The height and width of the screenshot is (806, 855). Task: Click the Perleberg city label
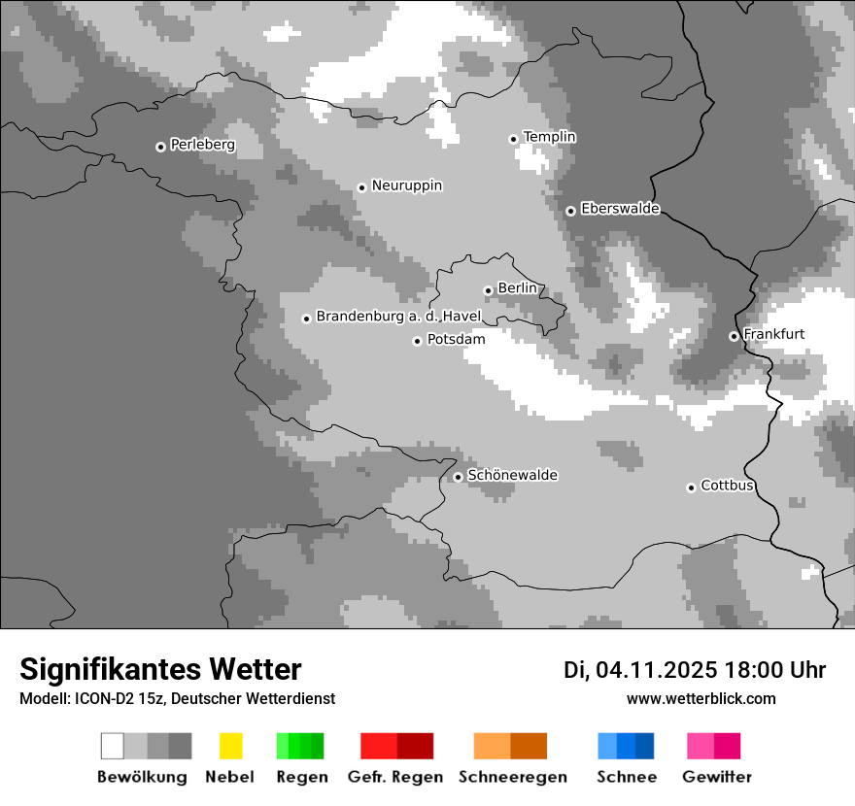click(x=202, y=145)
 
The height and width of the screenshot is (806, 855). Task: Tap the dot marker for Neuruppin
click(x=361, y=187)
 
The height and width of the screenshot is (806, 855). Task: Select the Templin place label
click(x=549, y=137)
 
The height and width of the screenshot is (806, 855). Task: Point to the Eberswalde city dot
click(x=570, y=211)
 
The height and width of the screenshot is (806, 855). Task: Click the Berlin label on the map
click(x=517, y=288)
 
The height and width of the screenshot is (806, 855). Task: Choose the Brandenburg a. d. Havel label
click(x=398, y=317)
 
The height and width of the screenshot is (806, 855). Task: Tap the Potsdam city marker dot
click(x=417, y=341)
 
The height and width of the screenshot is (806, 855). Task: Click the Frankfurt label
click(x=773, y=334)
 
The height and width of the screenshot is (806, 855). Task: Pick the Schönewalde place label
click(x=512, y=475)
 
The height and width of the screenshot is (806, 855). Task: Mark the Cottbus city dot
click(x=691, y=487)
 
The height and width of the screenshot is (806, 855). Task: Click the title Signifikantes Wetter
click(x=160, y=669)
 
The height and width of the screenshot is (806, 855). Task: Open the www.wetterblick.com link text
click(x=701, y=698)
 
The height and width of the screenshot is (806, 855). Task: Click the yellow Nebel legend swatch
click(x=230, y=746)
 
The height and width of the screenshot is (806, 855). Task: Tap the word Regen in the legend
click(x=300, y=777)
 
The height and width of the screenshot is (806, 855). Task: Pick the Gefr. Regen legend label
click(x=395, y=777)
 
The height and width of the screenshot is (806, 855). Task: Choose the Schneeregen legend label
click(x=513, y=777)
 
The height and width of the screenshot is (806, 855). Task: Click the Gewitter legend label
click(x=717, y=777)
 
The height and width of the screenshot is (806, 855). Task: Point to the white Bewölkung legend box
click(x=113, y=746)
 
